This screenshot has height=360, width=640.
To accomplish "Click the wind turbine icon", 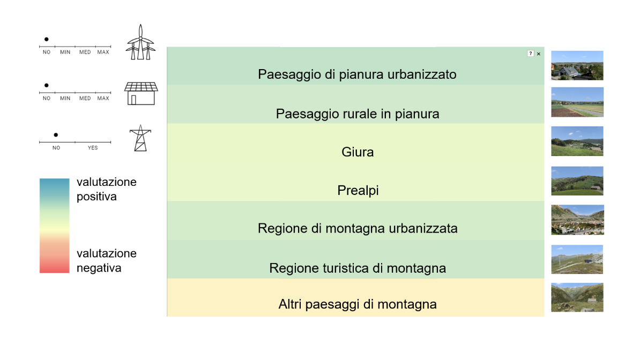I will [140, 42].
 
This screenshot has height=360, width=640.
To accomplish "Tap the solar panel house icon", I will [140, 93].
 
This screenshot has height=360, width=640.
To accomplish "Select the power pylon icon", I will [140, 138].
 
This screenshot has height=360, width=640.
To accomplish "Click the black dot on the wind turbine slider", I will [47, 39].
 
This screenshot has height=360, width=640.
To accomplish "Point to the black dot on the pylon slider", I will [56, 134].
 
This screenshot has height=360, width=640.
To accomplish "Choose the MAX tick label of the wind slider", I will [103, 52].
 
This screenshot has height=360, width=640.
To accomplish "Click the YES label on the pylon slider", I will [93, 148].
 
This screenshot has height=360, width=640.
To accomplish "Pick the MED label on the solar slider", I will [85, 99].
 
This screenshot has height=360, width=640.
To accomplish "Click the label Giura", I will [358, 152].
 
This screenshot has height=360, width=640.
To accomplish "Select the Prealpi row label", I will [358, 190].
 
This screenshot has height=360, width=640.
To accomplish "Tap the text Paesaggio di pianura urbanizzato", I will [357, 74].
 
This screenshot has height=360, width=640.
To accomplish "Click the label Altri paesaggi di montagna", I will [358, 304].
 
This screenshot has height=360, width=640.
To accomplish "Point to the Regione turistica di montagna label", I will [358, 268].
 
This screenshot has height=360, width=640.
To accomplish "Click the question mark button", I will [530, 54].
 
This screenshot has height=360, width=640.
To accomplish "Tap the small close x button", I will [539, 54].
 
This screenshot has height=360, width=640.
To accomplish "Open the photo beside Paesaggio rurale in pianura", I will [577, 102].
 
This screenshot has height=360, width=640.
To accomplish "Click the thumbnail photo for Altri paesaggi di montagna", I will [577, 297].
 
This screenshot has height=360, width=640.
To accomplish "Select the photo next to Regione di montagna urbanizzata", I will [577, 220].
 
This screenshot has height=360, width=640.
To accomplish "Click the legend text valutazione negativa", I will [106, 260].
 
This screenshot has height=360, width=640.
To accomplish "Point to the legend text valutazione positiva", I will [106, 189].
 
